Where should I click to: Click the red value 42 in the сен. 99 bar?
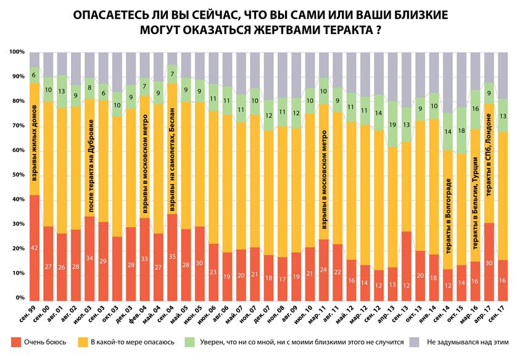(x=35, y=248)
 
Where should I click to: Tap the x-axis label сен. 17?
(x=502, y=315)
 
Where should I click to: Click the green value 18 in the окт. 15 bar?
(x=461, y=131)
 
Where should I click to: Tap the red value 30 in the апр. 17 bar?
(x=489, y=262)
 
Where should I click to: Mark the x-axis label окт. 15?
(x=461, y=315)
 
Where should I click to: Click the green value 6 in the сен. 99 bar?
(x=35, y=75)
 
